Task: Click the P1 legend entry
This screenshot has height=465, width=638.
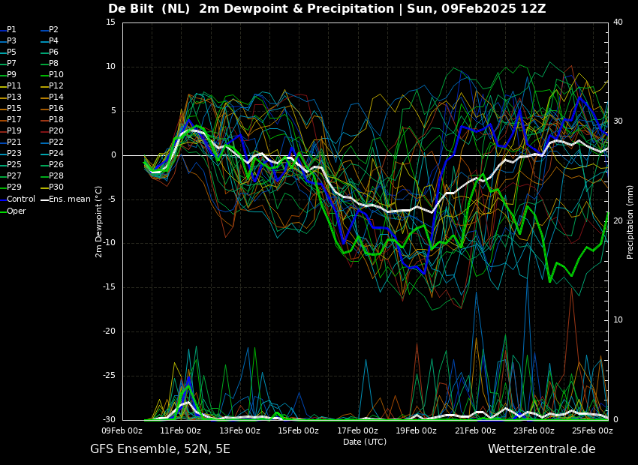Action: pyautogui.click(x=8, y=30)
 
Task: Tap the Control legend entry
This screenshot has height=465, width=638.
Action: pyautogui.click(x=17, y=199)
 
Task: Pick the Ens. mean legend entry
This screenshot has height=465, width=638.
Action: pyautogui.click(x=65, y=199)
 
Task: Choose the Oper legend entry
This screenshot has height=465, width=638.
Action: pyautogui.click(x=13, y=211)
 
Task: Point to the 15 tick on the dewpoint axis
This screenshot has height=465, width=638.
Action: pyautogui.click(x=110, y=22)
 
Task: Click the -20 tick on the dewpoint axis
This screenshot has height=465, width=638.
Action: pyautogui.click(x=110, y=331)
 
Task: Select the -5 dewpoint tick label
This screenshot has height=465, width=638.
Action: pyautogui.click(x=111, y=199)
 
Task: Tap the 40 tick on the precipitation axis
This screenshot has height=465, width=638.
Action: pyautogui.click(x=618, y=22)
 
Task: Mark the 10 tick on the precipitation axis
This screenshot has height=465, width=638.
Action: pyautogui.click(x=618, y=319)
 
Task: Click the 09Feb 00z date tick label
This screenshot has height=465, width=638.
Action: pyautogui.click(x=122, y=430)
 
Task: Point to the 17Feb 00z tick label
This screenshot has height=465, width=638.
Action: pyautogui.click(x=357, y=430)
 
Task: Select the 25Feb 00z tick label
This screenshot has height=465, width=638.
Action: pyautogui.click(x=592, y=430)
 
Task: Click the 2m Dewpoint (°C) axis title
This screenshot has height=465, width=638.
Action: pyautogui.click(x=98, y=221)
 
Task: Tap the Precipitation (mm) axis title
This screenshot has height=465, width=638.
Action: pyautogui.click(x=630, y=227)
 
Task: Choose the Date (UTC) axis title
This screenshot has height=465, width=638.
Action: pyautogui.click(x=365, y=442)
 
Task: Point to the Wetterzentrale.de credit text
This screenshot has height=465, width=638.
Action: pyautogui.click(x=542, y=449)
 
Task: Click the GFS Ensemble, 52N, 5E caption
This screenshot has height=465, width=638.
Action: pyautogui.click(x=161, y=449)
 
